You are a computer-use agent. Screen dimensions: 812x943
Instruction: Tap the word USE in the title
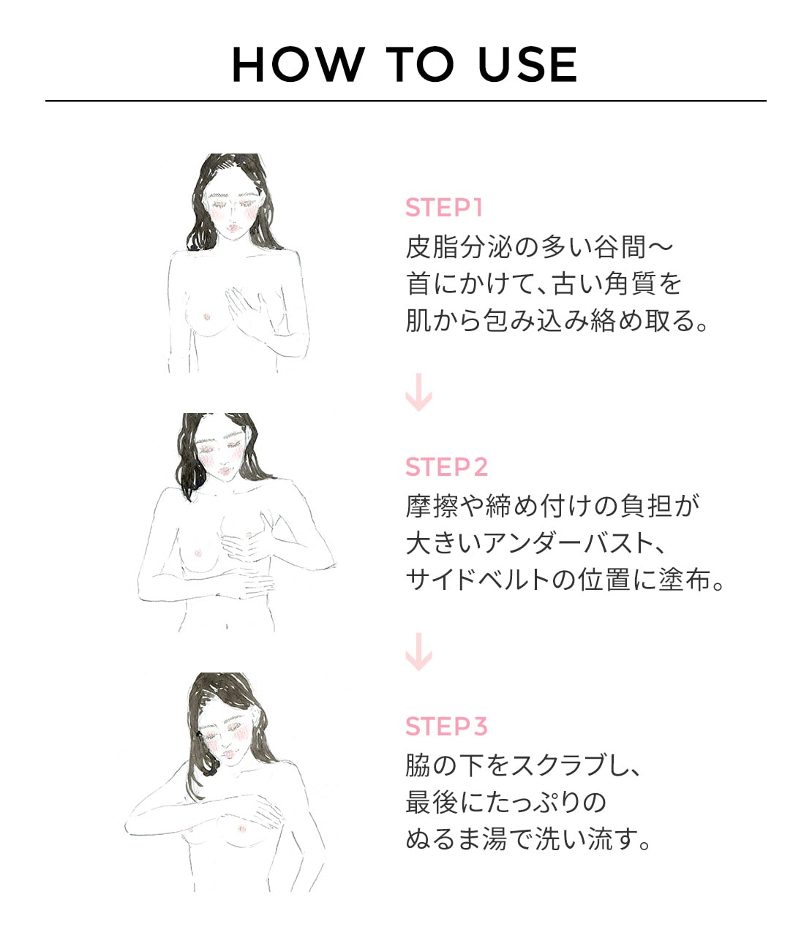pos(527,64)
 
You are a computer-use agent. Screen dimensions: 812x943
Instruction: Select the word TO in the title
pos(420,64)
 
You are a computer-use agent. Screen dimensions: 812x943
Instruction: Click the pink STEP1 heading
pos(443,208)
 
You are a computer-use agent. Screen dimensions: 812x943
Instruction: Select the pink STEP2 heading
pos(446,466)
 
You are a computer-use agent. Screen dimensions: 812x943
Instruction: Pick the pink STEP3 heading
pos(446,726)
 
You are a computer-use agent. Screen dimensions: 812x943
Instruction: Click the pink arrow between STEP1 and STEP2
pos(418,392)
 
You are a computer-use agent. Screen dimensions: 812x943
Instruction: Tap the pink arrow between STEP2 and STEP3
pos(418,651)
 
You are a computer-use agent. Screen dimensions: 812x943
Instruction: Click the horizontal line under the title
pos(406,101)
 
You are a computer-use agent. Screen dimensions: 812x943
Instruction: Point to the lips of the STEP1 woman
pos(233,227)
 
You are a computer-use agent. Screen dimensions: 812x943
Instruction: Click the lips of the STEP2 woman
pos(225,471)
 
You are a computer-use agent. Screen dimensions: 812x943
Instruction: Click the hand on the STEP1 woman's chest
pos(246,306)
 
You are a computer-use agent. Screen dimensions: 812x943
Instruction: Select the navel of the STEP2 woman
pos(227,626)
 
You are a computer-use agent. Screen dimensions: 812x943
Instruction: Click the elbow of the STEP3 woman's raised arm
pos(130,830)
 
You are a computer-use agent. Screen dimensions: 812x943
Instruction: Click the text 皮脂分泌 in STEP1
pos(459,247)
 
